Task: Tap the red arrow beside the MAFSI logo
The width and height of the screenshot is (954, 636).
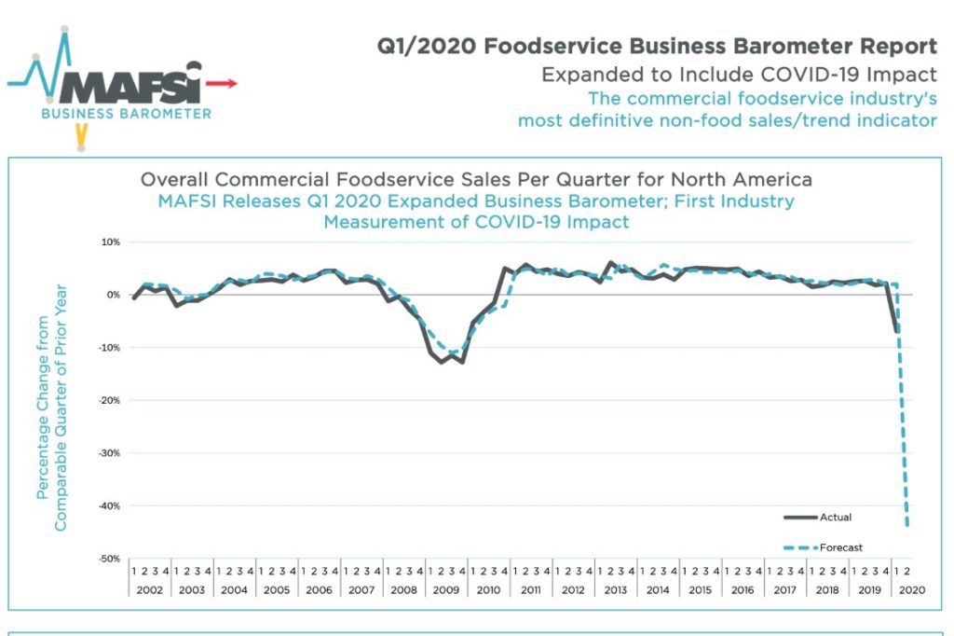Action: tap(222, 84)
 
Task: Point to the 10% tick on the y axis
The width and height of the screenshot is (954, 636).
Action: tap(110, 242)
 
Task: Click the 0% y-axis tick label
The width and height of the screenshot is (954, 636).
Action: tap(113, 295)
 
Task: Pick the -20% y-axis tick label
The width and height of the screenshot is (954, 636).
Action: tap(108, 401)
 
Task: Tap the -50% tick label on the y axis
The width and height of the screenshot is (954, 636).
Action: tap(108, 559)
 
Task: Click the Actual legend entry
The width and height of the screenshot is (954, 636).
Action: tap(835, 517)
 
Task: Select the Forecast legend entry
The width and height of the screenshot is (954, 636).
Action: tap(839, 547)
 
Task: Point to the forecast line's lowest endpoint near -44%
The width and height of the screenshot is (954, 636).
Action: tap(907, 525)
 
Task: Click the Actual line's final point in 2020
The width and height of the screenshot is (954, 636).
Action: tap(897, 331)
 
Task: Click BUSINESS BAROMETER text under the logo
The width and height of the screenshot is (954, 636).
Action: tap(126, 114)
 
